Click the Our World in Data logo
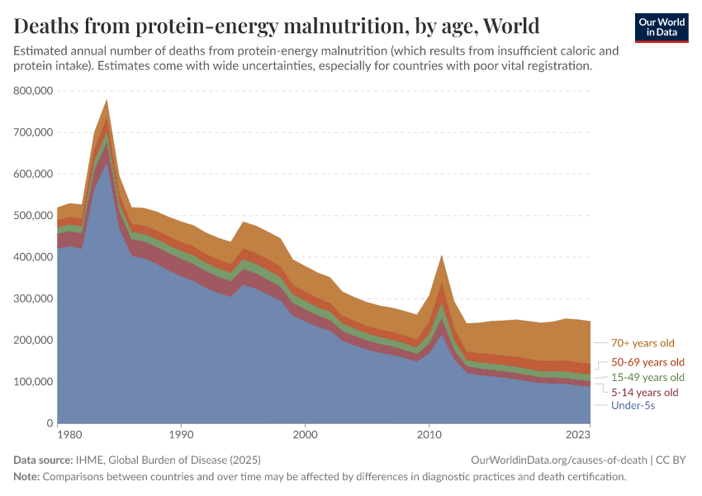coord(662,28)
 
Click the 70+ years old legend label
coord(643,343)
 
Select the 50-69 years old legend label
coord(647,362)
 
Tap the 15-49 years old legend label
coord(647,377)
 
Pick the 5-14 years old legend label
coord(645,393)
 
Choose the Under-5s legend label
coord(633,406)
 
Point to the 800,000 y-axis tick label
coord(33,90)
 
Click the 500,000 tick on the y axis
coord(33,216)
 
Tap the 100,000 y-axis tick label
coord(33,382)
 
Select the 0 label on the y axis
coord(50,423)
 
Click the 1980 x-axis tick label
coord(70,435)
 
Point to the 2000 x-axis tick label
coord(306,435)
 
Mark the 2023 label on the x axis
coord(578,435)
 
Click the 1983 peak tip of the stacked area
coord(107,99)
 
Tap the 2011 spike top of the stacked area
coord(442,255)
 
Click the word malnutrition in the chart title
coord(346,26)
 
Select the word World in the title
coord(511,26)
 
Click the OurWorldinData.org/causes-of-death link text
coord(559,460)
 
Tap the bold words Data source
coord(43,460)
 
